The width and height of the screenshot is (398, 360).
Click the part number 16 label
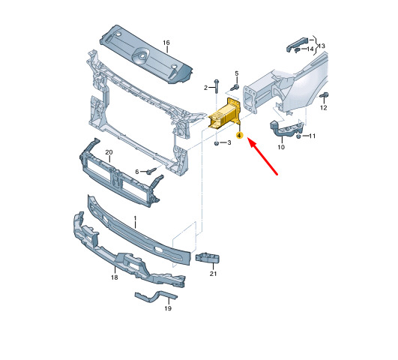(166, 43)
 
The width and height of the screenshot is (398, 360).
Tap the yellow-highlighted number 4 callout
(239, 136)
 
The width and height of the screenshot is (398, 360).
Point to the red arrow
(263, 156)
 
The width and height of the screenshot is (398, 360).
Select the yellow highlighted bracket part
(224, 115)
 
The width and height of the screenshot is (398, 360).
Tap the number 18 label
(115, 277)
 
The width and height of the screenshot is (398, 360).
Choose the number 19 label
(168, 308)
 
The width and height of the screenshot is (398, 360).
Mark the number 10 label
(281, 147)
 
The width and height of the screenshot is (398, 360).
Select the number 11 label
(313, 136)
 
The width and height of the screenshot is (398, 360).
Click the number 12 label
(324, 108)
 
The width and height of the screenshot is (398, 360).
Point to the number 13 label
(322, 46)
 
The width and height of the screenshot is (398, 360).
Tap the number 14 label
(310, 49)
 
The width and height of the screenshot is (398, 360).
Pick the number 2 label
(205, 88)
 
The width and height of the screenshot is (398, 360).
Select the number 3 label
(229, 142)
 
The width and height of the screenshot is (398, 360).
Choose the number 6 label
(137, 172)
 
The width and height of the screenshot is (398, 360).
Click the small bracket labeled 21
(206, 259)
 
